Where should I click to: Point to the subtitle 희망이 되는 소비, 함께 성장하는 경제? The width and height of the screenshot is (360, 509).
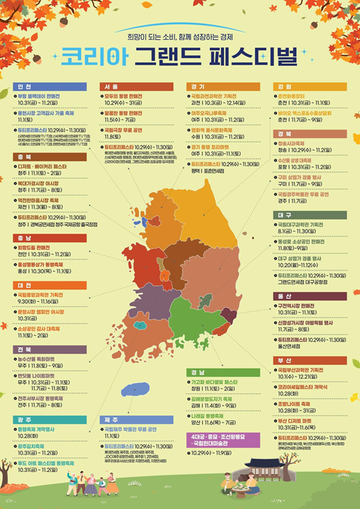tap(180, 34)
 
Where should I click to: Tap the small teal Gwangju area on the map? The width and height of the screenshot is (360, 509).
tap(138, 324)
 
